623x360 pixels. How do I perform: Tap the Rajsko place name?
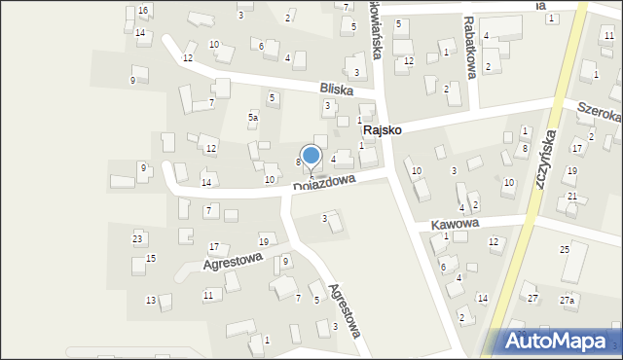[x=383, y=129]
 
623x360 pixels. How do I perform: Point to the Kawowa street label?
[x=456, y=225]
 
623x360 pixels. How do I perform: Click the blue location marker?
[x=311, y=157]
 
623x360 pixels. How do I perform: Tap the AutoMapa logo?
[x=554, y=342]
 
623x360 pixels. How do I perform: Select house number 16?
[x=143, y=10]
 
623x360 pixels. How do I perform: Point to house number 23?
[x=138, y=238]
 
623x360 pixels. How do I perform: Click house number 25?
[x=565, y=250]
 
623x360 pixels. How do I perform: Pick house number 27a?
[x=567, y=301]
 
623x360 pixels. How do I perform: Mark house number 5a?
[x=252, y=117]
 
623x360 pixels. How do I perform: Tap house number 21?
[x=572, y=197]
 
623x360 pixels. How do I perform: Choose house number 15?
[x=151, y=258]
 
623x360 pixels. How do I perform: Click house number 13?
[x=151, y=300]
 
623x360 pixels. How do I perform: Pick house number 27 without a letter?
[x=532, y=298]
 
